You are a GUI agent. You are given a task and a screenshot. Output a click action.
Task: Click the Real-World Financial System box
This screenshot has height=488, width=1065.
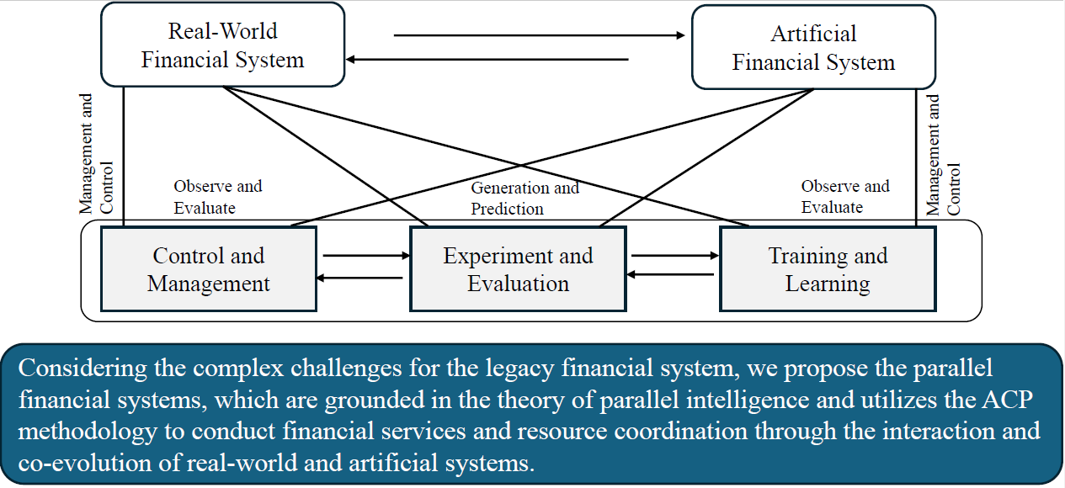tap(222, 45)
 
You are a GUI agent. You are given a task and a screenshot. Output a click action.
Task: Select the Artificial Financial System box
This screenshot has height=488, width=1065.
tap(812, 48)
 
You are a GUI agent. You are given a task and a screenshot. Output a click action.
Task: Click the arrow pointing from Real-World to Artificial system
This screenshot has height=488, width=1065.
tap(540, 35)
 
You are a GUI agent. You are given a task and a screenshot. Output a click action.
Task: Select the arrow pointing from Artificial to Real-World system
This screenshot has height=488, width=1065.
tap(488, 60)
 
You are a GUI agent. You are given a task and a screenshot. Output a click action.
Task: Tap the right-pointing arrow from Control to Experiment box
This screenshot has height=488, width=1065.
tap(364, 255)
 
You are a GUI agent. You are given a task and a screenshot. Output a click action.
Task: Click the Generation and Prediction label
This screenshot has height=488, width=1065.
tap(525, 198)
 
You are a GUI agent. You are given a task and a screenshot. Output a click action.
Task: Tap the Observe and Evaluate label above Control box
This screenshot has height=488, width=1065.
tap(217, 196)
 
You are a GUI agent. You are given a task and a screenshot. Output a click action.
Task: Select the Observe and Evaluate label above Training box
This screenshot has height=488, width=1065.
tap(844, 196)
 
